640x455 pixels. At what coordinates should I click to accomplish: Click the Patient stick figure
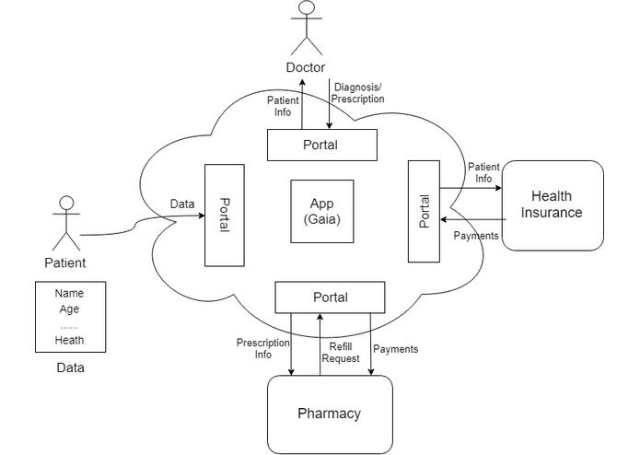[x=65, y=222]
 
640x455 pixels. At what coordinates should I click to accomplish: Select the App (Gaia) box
[x=321, y=211]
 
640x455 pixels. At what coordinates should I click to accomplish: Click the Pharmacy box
[x=329, y=414]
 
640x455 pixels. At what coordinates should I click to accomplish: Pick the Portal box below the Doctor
[x=320, y=145]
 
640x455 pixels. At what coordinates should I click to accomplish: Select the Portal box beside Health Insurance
[x=424, y=210]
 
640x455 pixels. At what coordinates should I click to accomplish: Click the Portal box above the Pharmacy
[x=331, y=297]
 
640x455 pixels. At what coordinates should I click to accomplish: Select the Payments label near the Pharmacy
[x=396, y=349]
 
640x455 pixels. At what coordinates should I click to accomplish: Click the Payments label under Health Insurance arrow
[x=477, y=236]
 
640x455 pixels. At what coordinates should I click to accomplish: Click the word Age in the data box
[x=69, y=309]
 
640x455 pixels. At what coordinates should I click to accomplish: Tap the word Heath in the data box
[x=69, y=340]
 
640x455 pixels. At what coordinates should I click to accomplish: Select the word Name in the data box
[x=69, y=293]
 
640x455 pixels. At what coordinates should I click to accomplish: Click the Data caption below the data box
[x=69, y=368]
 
